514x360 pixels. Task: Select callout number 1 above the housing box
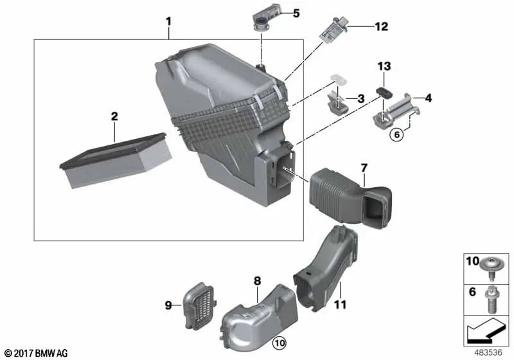click(x=168, y=21)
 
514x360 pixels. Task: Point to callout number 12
click(x=382, y=26)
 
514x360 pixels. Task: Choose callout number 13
click(x=384, y=66)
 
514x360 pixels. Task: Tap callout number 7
click(x=364, y=168)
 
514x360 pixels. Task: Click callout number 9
click(x=169, y=306)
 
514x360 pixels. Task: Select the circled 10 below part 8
click(x=278, y=343)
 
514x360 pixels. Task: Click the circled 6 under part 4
click(x=396, y=134)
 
